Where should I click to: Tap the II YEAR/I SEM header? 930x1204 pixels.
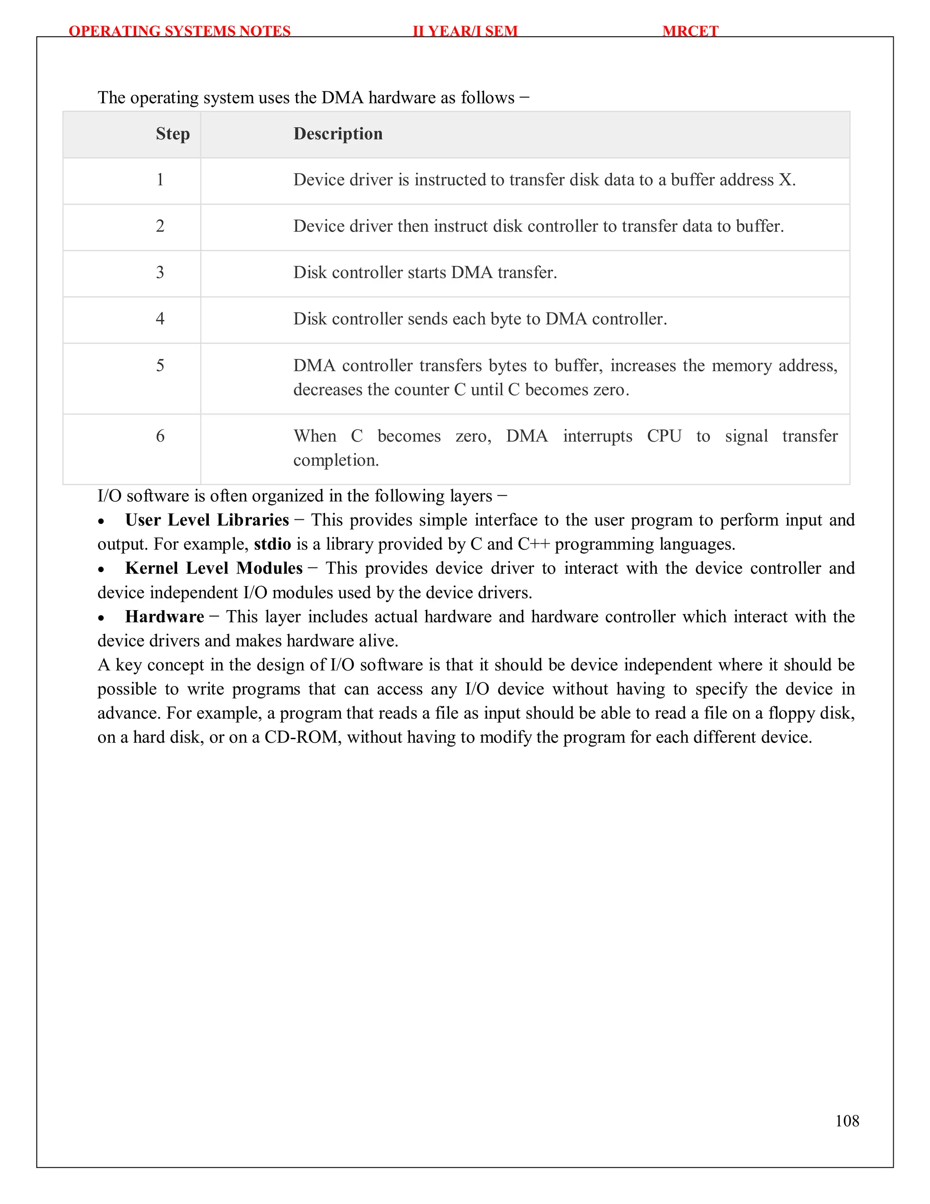click(465, 31)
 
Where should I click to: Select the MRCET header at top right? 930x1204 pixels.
click(690, 31)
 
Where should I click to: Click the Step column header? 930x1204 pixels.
click(173, 134)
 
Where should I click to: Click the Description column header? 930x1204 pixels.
click(338, 134)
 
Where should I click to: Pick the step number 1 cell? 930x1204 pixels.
click(160, 180)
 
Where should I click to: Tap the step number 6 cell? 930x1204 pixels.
click(160, 436)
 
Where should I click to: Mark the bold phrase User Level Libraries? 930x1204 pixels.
click(207, 520)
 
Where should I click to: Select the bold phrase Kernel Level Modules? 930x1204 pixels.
click(214, 568)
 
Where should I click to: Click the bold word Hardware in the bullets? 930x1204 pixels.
click(164, 617)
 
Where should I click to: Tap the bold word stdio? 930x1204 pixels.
click(272, 544)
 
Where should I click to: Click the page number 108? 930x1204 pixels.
click(847, 1121)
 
